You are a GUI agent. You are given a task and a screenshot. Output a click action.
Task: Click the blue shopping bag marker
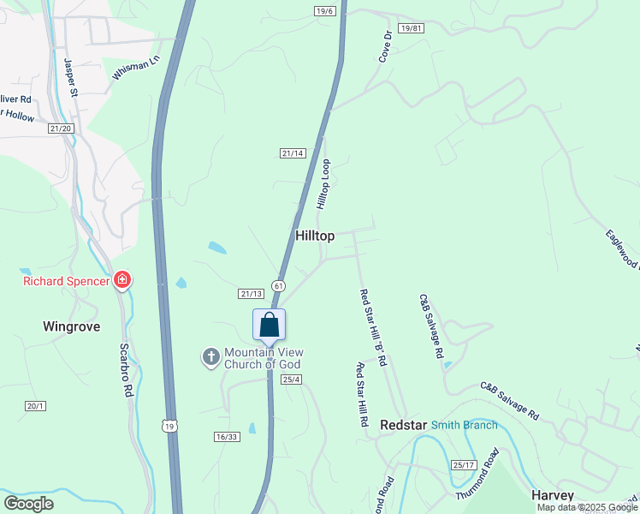269,326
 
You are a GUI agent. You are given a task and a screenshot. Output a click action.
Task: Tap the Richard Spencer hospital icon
121,281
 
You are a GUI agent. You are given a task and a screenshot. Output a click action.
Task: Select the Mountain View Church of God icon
211,357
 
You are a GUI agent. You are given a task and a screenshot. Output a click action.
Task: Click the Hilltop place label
314,236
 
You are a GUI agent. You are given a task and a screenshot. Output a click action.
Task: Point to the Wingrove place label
71,326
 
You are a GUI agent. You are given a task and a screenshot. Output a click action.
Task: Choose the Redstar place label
402,425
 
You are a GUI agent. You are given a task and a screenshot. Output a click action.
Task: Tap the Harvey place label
553,495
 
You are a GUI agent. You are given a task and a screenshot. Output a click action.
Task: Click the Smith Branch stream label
464,425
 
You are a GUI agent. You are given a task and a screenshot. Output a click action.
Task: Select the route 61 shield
278,284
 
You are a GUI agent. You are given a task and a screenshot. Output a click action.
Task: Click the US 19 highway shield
171,427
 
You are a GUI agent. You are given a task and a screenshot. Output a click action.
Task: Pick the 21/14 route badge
293,153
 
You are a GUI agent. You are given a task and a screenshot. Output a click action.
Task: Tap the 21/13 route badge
251,294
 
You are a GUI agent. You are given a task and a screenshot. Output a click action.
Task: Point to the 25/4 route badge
292,380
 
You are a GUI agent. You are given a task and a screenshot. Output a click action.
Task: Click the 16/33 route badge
226,437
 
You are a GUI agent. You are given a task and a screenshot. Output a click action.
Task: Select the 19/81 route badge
411,28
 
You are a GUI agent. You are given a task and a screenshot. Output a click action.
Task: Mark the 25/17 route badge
463,465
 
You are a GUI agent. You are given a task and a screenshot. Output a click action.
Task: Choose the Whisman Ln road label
136,69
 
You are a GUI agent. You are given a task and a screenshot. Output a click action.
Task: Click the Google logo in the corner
28,504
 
